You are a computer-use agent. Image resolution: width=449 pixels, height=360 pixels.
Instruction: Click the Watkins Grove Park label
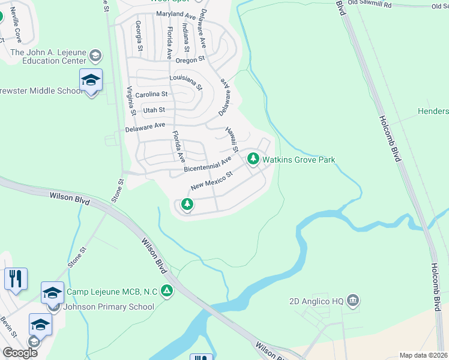[x=298, y=160]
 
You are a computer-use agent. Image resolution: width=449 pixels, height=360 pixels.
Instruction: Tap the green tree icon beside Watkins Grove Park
[x=253, y=159]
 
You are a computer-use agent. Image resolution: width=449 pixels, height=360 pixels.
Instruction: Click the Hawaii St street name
[x=232, y=139]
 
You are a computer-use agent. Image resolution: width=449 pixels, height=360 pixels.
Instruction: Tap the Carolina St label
[x=151, y=94]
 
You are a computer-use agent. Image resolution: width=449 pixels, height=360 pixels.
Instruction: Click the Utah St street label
[x=154, y=110]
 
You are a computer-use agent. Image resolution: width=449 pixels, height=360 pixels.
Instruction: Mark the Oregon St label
[x=190, y=59]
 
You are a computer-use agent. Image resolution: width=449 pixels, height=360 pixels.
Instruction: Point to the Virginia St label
[x=130, y=101]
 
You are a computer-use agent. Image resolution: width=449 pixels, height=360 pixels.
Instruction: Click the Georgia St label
[x=139, y=35]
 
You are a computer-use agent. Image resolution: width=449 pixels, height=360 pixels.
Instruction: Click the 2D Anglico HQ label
[x=315, y=300]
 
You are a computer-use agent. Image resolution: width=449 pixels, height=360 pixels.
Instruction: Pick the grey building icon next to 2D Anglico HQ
[x=352, y=299]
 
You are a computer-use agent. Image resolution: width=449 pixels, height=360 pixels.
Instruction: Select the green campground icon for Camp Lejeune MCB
[x=167, y=291]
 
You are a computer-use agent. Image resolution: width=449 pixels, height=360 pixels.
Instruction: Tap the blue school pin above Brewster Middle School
[x=91, y=80]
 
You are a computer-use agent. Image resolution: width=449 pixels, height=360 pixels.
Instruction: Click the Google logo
[x=20, y=352]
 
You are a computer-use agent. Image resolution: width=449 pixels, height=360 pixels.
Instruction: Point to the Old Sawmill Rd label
[x=369, y=5]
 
